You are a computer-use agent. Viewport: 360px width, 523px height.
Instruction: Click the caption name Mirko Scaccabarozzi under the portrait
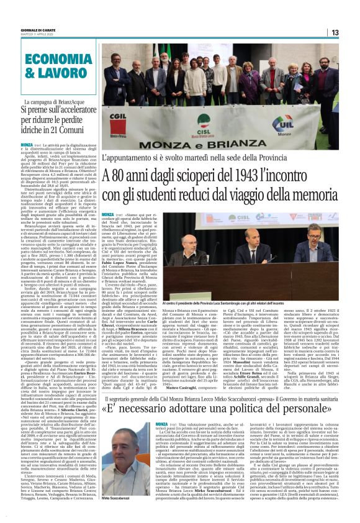(115, 499)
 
